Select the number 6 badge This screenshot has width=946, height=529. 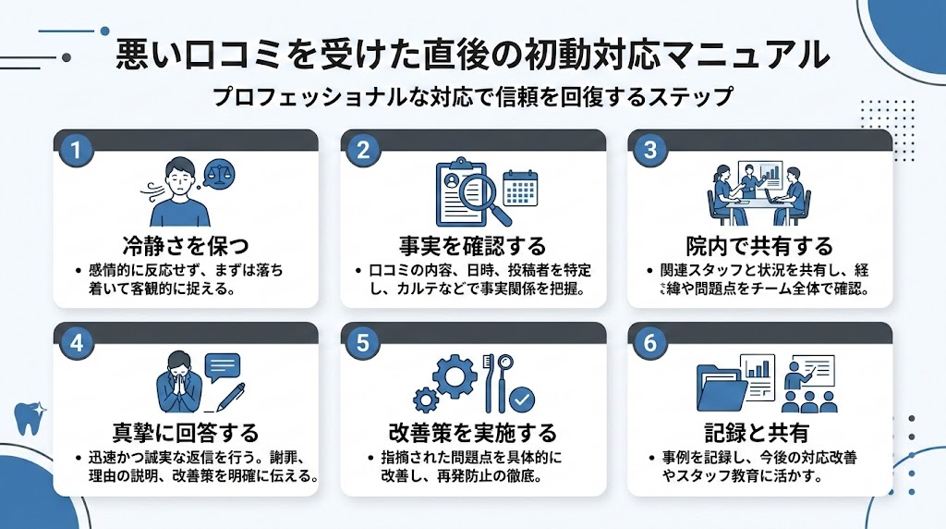[x=649, y=342]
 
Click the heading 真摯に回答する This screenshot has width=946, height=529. [x=186, y=433]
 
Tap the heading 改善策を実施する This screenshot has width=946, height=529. [x=473, y=433]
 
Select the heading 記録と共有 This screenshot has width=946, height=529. [x=760, y=433]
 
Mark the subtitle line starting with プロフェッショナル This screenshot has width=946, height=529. [x=472, y=96]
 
